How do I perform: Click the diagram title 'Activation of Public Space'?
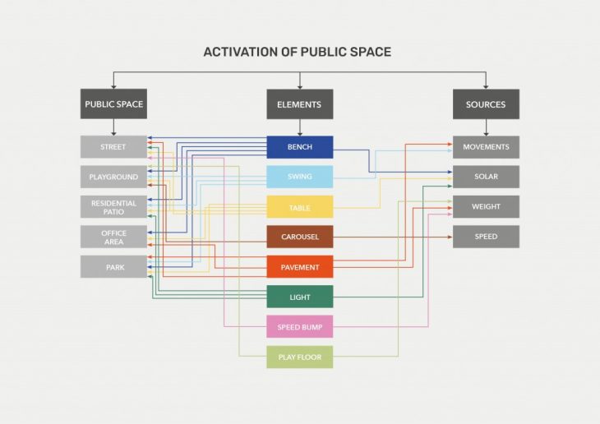298,52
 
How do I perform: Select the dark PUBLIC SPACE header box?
113,104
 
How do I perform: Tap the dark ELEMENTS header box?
299,104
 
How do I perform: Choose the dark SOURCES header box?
486,104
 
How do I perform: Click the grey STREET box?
113,147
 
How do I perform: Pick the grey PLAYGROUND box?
113,177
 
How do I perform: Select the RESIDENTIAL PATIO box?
113,207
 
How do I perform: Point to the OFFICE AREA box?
113,237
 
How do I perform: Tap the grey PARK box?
113,267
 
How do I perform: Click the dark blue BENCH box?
299,147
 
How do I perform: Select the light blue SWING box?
299,177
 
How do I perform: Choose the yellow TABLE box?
299,207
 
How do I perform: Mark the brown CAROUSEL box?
299,237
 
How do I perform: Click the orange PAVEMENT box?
299,267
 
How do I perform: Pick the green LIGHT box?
299,297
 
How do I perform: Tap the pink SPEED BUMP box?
299,326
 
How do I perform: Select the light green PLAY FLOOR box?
299,357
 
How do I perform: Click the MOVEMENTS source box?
486,147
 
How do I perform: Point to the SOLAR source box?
486,177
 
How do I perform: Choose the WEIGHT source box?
486,207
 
